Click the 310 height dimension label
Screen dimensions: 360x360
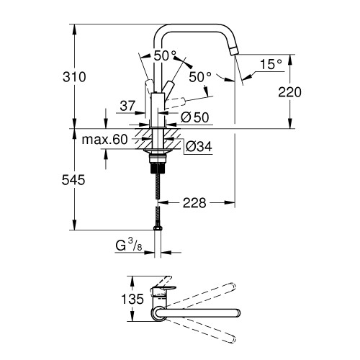pos(74,77)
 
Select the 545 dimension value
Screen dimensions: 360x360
pos(73,180)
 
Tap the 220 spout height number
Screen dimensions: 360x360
pos(289,92)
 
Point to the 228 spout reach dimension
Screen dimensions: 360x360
pos(194,203)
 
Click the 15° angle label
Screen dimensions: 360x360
pos(271,64)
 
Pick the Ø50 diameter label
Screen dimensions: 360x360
pos(195,117)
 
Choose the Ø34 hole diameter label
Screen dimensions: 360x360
pos(199,146)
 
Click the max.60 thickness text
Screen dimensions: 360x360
pos(104,140)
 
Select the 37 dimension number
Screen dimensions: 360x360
pos(127,106)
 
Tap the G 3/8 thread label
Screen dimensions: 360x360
pos(129,246)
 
